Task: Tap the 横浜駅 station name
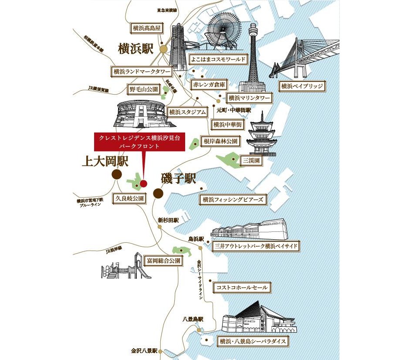click(x=136, y=48)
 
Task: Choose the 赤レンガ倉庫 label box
click(x=210, y=84)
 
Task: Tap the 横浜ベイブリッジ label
click(x=302, y=86)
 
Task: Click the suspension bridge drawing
click(x=305, y=59)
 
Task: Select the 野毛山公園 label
click(x=143, y=89)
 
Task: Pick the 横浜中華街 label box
click(x=227, y=125)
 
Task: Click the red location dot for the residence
click(x=143, y=183)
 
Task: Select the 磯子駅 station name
click(x=179, y=178)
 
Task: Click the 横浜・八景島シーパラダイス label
click(x=253, y=341)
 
